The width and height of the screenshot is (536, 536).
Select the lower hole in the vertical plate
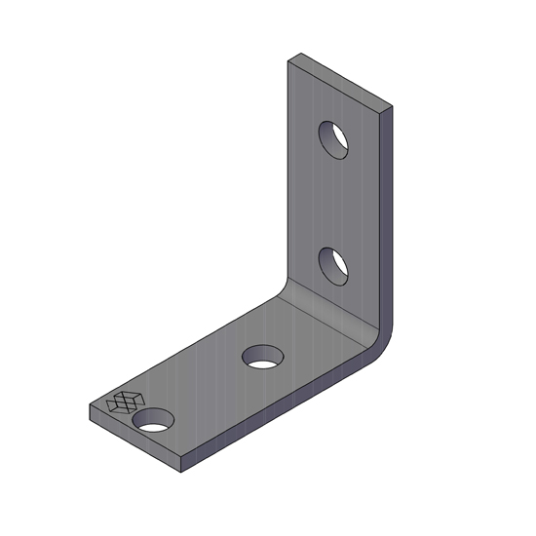pyautogui.click(x=334, y=265)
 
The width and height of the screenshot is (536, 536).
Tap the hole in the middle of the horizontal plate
pyautogui.click(x=260, y=357)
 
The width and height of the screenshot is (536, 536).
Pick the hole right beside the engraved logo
pyautogui.click(x=153, y=420)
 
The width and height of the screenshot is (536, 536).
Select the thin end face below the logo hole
pyautogui.click(x=136, y=440)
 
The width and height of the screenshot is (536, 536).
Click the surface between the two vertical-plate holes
pyautogui.click(x=334, y=202)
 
